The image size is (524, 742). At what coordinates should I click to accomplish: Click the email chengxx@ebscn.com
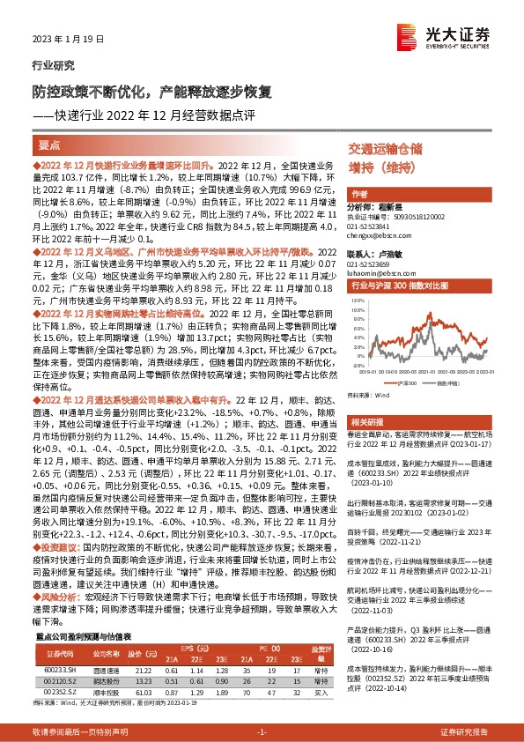(374, 236)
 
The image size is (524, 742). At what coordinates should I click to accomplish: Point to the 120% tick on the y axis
(357, 301)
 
